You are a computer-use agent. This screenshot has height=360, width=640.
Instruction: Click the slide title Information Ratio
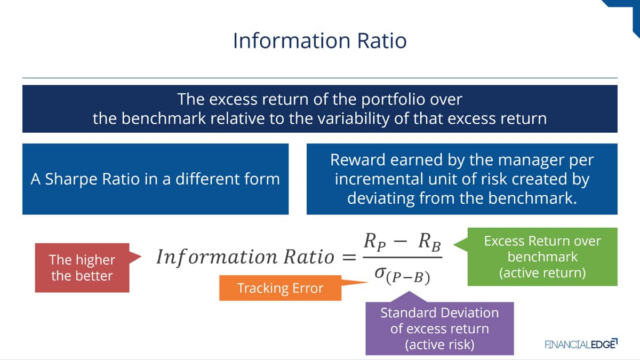(x=319, y=41)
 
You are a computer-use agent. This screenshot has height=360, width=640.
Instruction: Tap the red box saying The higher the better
(x=82, y=268)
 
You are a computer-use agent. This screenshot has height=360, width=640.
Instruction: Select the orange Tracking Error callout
(x=281, y=287)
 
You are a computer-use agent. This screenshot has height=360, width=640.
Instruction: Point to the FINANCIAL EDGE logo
(x=581, y=344)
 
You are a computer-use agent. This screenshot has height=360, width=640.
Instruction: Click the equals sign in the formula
(x=349, y=257)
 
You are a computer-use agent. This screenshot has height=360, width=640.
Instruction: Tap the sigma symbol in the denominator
(x=380, y=273)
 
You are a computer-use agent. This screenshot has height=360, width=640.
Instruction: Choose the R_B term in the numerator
(x=429, y=242)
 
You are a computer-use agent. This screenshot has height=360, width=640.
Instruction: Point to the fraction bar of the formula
(x=403, y=258)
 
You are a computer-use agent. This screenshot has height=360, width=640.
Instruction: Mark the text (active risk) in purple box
(x=439, y=345)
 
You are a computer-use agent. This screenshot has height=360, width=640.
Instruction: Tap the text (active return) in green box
(x=542, y=273)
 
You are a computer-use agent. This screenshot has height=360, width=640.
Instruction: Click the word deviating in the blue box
(x=381, y=198)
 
